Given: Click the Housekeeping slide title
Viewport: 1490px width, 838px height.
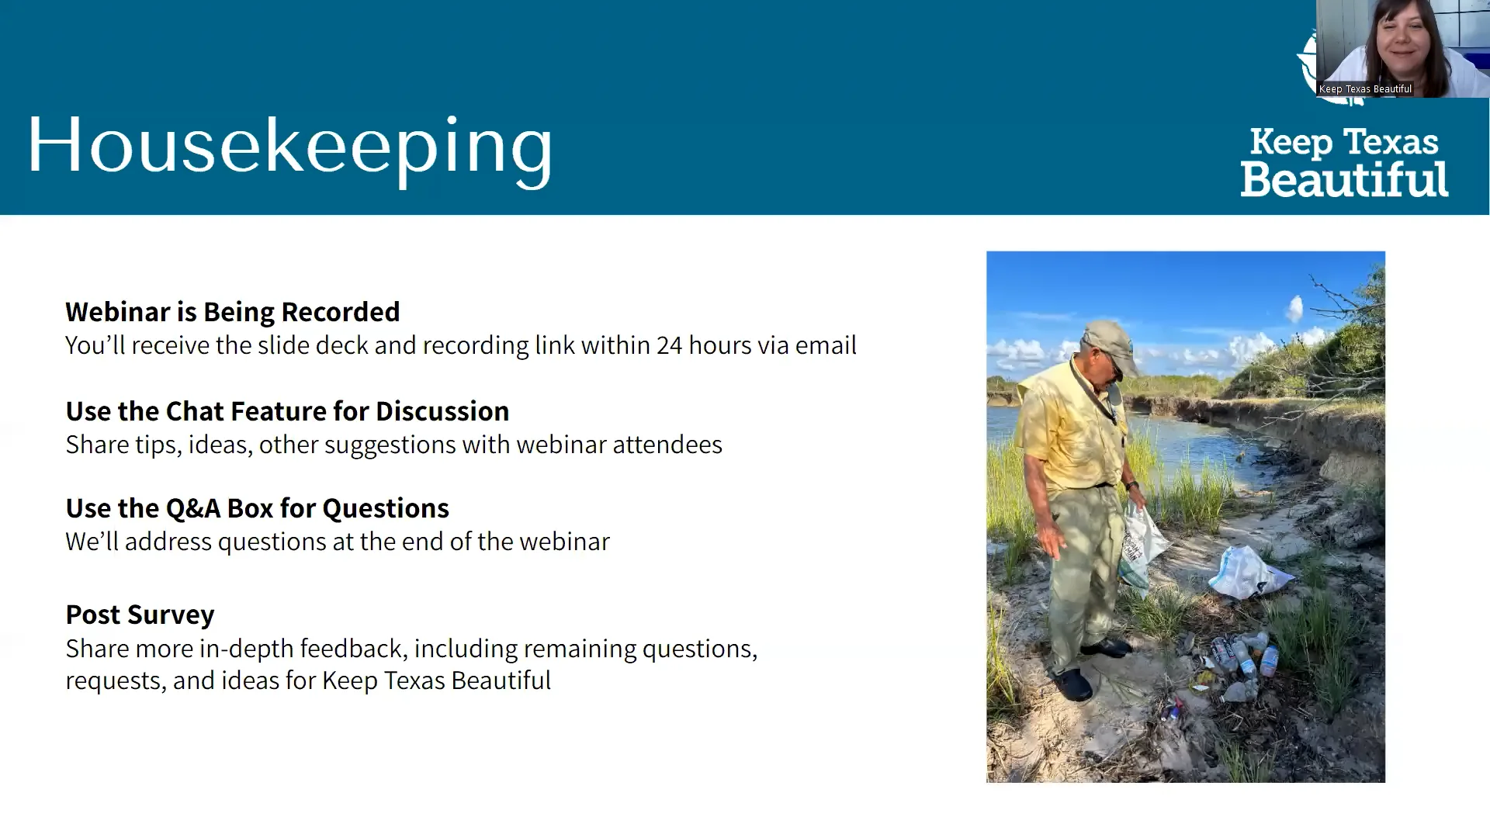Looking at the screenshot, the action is pyautogui.click(x=290, y=149).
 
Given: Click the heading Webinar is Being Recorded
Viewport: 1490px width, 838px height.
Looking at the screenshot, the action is pyautogui.click(x=233, y=312).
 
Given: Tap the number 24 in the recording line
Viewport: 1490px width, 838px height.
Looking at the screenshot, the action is pyautogui.click(x=669, y=345).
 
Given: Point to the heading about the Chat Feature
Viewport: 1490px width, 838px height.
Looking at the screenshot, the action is pyautogui.click(x=287, y=411).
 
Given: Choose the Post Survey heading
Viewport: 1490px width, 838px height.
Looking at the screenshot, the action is pyautogui.click(x=140, y=615).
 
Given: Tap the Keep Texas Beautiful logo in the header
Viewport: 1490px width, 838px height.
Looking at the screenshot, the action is pyautogui.click(x=1344, y=162).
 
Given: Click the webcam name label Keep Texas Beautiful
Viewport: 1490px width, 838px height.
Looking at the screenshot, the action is pyautogui.click(x=1365, y=89).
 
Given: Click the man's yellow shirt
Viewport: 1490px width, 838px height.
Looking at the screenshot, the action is pyautogui.click(x=1071, y=427).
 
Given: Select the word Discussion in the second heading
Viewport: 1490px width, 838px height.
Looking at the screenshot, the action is pyautogui.click(x=442, y=411).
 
